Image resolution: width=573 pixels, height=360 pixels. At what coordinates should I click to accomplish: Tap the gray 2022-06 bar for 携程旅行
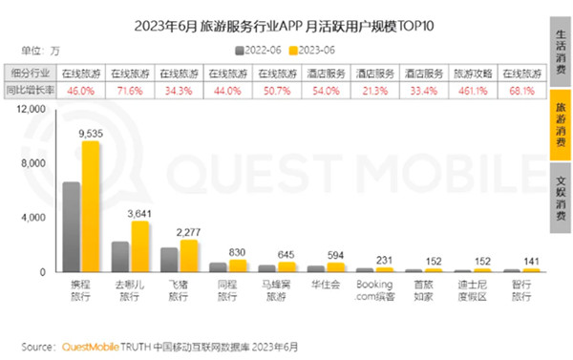tap(72, 226)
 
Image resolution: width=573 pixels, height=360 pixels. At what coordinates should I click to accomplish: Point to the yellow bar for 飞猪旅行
tap(188, 255)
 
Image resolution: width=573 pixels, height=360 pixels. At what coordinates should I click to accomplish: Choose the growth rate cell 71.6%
tap(131, 90)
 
